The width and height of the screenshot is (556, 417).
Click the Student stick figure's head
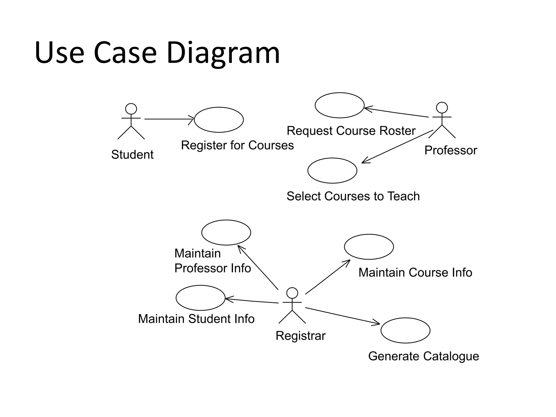coord(131,109)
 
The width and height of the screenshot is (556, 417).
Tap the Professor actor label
coord(451,150)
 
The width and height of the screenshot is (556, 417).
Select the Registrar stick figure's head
coord(292,293)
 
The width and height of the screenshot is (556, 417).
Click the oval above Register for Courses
coord(219,120)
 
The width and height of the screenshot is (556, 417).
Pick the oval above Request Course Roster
coord(339,105)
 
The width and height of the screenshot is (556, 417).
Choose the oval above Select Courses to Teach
coord(332,170)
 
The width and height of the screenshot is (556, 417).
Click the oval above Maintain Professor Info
coord(226,232)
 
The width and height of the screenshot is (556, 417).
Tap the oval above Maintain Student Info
coord(200,298)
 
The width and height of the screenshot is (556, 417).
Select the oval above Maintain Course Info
coord(369,247)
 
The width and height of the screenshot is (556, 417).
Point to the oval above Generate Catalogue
coord(405,330)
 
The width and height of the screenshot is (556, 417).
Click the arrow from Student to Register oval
coord(168,119)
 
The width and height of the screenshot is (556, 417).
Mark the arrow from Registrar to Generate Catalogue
coord(342,316)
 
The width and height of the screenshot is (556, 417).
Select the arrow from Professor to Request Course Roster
coord(396,113)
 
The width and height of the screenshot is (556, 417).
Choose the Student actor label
coord(132,155)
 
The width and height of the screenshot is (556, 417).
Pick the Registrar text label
coord(300,336)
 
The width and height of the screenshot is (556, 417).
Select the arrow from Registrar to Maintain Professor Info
coord(258,267)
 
